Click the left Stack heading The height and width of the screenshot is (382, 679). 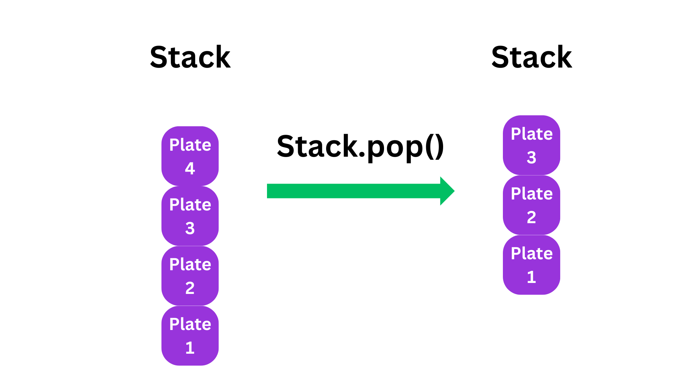190,57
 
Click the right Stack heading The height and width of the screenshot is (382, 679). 532,57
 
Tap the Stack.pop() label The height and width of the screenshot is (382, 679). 360,147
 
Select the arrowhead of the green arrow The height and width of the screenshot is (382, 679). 447,191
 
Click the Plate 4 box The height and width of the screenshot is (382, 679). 190,156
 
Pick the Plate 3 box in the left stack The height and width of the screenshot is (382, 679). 190,216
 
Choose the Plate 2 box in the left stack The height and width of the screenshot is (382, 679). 190,276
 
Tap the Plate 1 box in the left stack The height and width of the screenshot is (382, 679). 190,335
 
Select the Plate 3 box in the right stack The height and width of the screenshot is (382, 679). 531,145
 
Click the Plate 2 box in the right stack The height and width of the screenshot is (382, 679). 531,205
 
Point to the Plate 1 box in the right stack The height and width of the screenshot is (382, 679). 531,265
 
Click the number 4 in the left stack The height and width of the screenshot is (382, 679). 190,168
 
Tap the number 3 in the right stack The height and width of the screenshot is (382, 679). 531,157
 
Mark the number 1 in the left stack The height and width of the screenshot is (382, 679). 190,348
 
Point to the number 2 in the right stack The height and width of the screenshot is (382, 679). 531,217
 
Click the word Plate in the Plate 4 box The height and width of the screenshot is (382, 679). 190,145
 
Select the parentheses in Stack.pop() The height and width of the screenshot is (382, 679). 434,147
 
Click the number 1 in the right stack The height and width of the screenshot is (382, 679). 531,277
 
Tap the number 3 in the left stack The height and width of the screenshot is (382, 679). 190,228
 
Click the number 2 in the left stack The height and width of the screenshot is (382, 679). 190,288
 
